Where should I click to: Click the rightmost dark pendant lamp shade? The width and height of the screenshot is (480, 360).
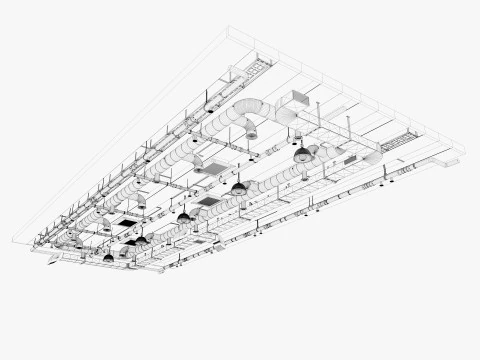tap(300, 156)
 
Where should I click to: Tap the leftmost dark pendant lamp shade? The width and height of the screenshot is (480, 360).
tap(108, 258)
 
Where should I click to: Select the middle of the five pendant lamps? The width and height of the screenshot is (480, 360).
tap(183, 216)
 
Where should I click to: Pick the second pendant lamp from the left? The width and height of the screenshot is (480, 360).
tap(141, 240)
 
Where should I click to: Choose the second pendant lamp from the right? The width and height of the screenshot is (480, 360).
tap(239, 187)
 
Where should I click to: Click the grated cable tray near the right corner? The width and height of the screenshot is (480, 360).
tap(398, 141)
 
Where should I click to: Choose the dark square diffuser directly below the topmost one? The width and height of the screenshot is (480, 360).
tap(208, 201)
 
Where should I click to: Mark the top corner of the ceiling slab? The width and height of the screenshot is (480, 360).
tap(229, 29)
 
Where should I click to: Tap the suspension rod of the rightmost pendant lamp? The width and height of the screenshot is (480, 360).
tap(300, 143)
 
